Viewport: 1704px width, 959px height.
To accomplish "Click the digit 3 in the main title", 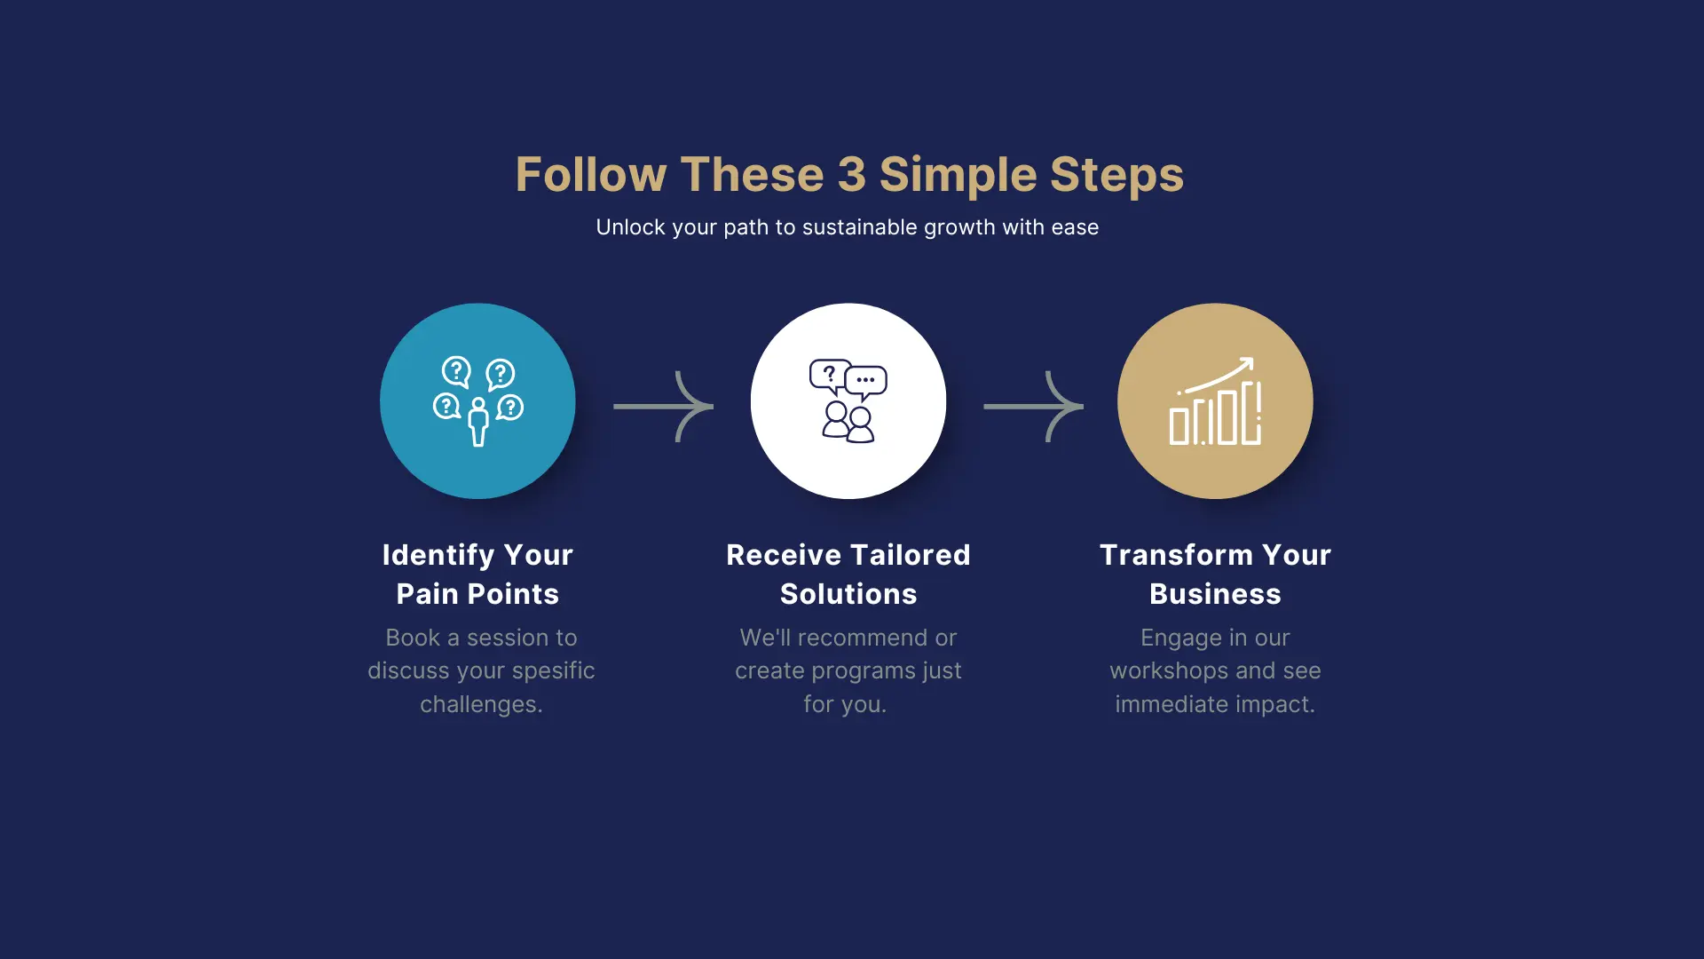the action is (852, 174).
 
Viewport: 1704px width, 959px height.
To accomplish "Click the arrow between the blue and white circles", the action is (663, 407).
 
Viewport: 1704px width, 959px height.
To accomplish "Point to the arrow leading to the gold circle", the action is (1033, 407).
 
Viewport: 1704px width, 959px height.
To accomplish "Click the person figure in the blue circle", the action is (478, 422).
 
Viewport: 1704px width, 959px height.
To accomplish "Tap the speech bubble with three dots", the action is (866, 381).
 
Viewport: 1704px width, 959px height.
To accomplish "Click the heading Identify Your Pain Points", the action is (477, 575).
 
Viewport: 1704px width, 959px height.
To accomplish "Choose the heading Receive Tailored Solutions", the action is (848, 575).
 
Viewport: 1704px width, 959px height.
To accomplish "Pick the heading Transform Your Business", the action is (1215, 575).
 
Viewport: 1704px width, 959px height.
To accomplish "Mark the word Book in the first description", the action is (413, 638).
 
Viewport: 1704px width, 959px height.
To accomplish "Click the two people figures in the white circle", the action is (848, 422).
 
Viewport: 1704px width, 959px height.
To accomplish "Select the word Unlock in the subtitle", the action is (631, 227).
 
